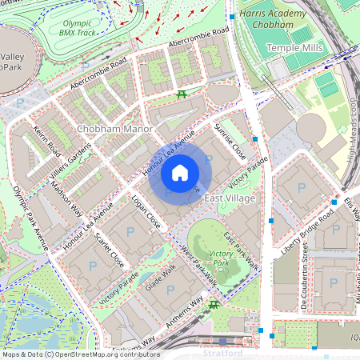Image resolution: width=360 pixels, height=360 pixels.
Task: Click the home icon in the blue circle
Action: (180, 173)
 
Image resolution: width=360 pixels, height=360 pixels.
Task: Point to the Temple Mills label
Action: (294, 49)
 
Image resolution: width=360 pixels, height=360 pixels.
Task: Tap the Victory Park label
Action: (220, 258)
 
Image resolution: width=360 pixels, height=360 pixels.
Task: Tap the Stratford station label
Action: (222, 353)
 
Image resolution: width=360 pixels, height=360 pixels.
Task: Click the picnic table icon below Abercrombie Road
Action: (182, 95)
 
